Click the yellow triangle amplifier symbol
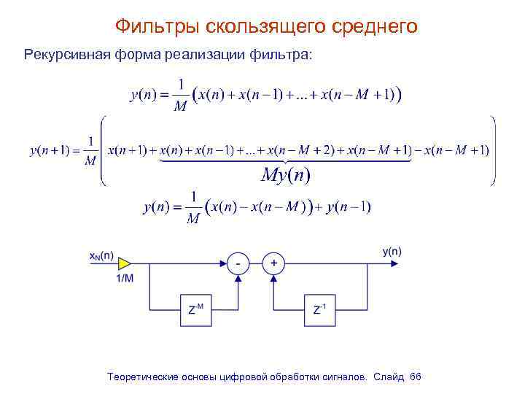pos(125,263)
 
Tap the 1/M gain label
pos(125,279)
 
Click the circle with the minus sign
pos(238,263)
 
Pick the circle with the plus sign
pos(274,263)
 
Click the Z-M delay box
pos(195,311)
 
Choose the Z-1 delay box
pos(319,311)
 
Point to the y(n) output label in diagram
pos(391,252)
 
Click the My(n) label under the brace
pos(285,175)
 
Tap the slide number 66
pos(416,376)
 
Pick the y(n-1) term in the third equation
pos(349,207)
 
